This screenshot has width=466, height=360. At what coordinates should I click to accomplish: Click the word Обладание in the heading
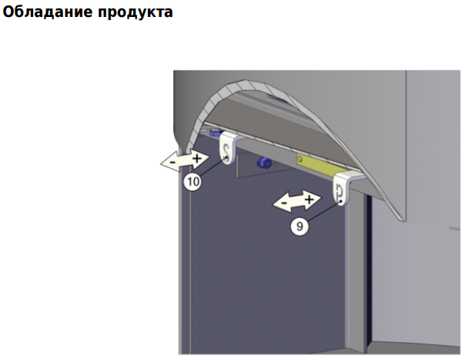(x=48, y=12)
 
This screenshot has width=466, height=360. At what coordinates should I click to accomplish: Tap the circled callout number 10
(x=193, y=181)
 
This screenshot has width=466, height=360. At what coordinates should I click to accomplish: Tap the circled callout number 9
(x=300, y=227)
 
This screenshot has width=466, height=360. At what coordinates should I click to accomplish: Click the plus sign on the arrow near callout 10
(x=196, y=158)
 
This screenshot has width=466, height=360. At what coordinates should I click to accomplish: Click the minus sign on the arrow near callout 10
(x=173, y=163)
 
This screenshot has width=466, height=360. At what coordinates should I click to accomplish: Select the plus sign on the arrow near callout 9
(x=310, y=199)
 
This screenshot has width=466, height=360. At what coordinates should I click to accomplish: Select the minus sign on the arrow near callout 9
(x=284, y=204)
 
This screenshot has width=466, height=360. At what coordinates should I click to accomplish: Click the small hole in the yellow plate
(x=300, y=158)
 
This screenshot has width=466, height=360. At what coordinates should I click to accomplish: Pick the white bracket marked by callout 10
(x=228, y=148)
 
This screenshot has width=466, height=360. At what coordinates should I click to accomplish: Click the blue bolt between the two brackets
(x=264, y=163)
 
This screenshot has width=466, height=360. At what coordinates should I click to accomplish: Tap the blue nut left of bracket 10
(x=215, y=132)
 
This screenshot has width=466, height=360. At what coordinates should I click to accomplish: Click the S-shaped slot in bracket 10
(x=227, y=152)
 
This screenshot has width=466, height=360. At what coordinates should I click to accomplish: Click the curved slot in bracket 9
(x=340, y=192)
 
